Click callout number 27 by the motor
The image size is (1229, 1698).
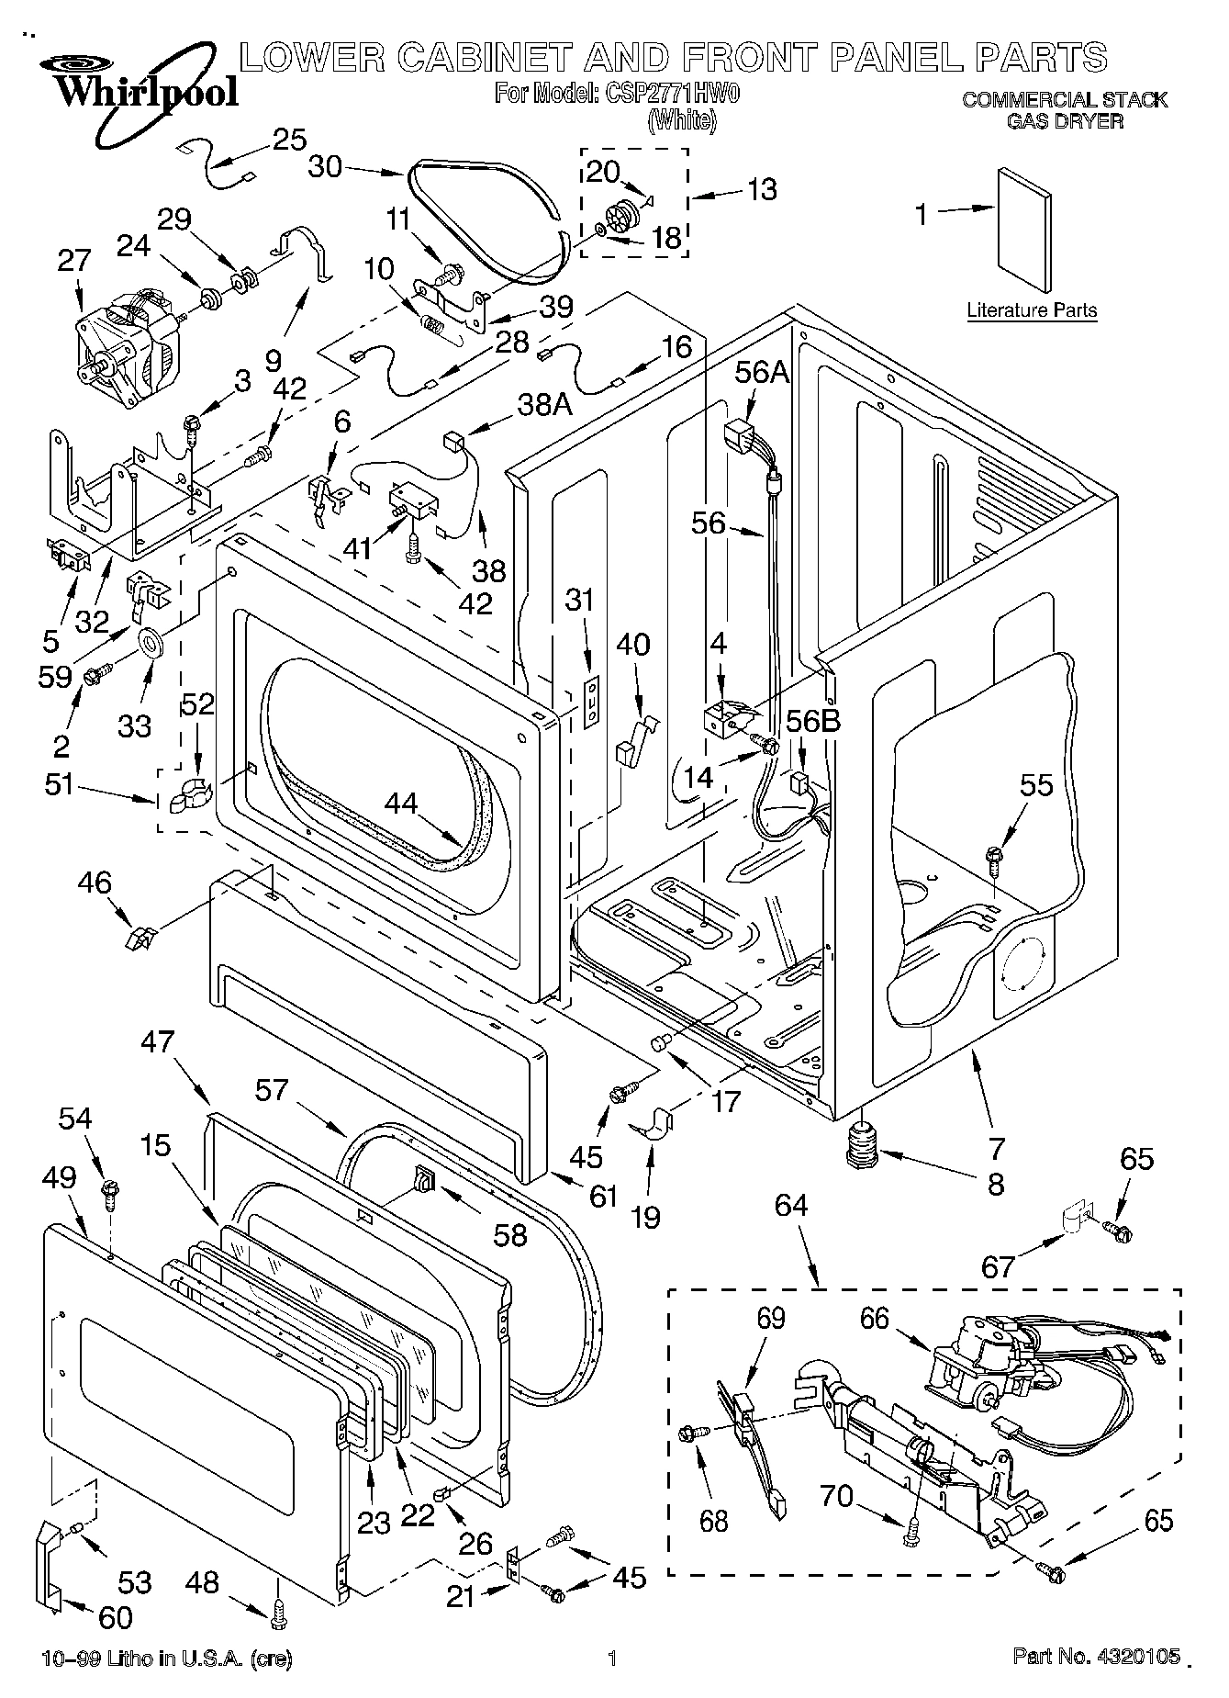tap(74, 260)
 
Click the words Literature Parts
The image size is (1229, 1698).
tap(1032, 310)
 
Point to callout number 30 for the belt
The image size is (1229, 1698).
tap(326, 166)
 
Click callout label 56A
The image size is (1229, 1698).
tap(762, 372)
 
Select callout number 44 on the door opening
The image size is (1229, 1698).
tap(400, 804)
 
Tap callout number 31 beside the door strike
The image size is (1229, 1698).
tap(579, 600)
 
